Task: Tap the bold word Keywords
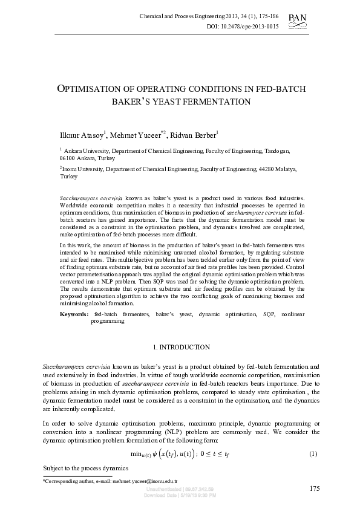(x=74, y=315)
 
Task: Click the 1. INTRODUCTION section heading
(x=180, y=348)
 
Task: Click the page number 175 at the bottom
(x=314, y=488)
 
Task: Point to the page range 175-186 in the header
(x=264, y=16)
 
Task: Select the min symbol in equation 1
(x=137, y=454)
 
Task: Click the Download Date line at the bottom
(x=180, y=495)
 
